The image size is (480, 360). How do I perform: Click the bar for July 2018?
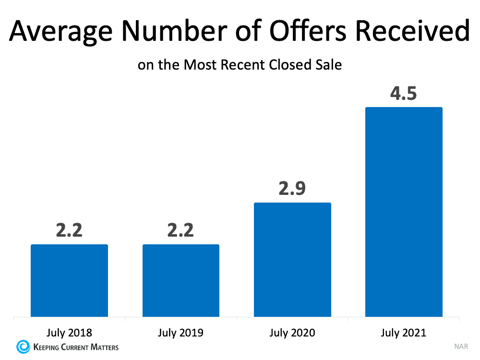[x=69, y=281]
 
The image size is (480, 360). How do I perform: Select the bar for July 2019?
[x=181, y=281]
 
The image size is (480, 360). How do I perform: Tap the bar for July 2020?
[x=292, y=260]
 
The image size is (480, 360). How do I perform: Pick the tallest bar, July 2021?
[x=404, y=212]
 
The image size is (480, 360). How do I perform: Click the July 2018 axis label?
[x=69, y=332]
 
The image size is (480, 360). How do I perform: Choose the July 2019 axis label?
[x=181, y=332]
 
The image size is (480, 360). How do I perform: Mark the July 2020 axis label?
[x=292, y=332]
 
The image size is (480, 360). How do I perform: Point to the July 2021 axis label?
[x=404, y=332]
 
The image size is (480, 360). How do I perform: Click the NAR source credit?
[x=460, y=347]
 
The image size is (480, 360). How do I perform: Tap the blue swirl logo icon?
[x=22, y=347]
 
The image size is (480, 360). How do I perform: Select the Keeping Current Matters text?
[x=74, y=347]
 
